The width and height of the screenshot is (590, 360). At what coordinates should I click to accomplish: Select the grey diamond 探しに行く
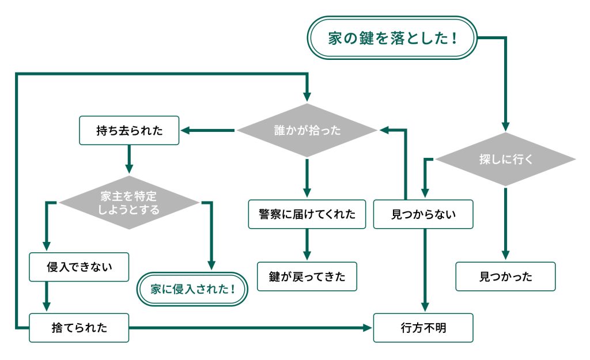pyautogui.click(x=505, y=159)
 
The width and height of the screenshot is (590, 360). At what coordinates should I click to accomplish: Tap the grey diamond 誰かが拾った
pyautogui.click(x=307, y=130)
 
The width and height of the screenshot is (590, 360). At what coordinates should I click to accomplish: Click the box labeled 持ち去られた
pyautogui.click(x=129, y=131)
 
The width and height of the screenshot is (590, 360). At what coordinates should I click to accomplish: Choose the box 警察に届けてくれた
pyautogui.click(x=307, y=214)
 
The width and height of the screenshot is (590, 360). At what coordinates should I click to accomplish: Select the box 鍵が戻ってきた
pyautogui.click(x=307, y=276)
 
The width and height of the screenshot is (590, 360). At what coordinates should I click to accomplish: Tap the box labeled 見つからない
pyautogui.click(x=423, y=214)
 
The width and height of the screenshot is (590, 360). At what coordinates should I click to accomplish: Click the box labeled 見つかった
pyautogui.click(x=505, y=276)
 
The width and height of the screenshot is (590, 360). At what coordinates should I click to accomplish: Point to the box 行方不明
pyautogui.click(x=423, y=328)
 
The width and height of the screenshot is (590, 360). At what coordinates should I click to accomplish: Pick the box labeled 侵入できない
pyautogui.click(x=79, y=267)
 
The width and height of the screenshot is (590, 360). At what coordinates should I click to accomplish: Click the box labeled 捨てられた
pyautogui.click(x=79, y=328)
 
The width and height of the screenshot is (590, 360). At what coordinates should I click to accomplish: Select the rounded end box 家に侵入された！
pyautogui.click(x=192, y=287)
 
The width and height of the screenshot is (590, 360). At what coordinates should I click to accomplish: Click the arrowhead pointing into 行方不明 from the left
pyautogui.click(x=369, y=328)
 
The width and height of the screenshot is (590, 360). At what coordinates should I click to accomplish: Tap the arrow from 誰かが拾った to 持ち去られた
pyautogui.click(x=207, y=131)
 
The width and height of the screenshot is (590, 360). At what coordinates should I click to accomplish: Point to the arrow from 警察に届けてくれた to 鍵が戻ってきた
pyautogui.click(x=307, y=245)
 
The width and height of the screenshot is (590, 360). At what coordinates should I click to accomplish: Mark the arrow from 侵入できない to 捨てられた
pyautogui.click(x=46, y=297)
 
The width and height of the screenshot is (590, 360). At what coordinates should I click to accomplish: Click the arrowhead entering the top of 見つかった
pyautogui.click(x=505, y=256)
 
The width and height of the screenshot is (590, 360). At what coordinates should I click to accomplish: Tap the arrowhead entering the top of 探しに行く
pyautogui.click(x=505, y=127)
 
